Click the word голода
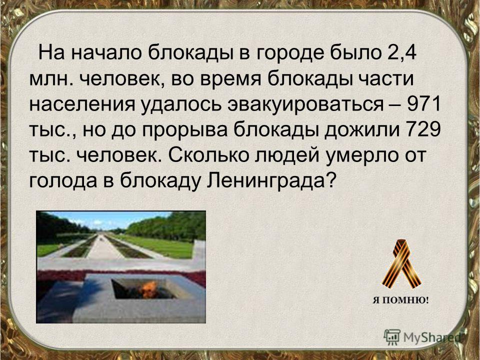[63, 182]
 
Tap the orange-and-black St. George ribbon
[401, 264]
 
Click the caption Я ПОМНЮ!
[400, 300]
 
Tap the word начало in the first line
[106, 53]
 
